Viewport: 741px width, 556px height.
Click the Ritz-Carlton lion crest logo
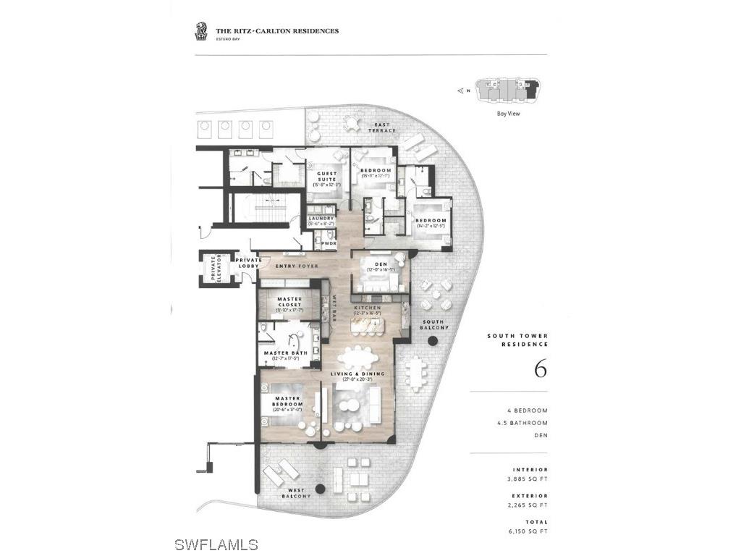tap(200, 31)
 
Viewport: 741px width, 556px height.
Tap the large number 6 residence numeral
tap(540, 368)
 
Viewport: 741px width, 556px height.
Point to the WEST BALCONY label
tap(296, 492)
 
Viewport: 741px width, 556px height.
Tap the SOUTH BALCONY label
tap(434, 324)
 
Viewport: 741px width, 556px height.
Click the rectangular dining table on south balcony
tap(415, 372)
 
